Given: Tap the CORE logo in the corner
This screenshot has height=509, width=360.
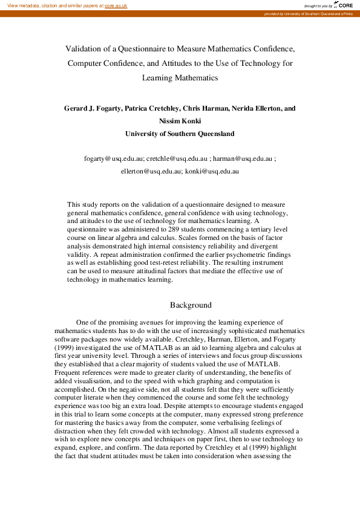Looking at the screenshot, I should (x=343, y=5).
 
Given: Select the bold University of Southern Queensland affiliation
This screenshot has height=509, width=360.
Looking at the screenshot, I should (x=180, y=134).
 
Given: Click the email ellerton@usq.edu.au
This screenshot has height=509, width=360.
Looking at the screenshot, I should (x=151, y=172).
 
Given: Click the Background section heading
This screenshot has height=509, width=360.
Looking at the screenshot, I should (x=191, y=305).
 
